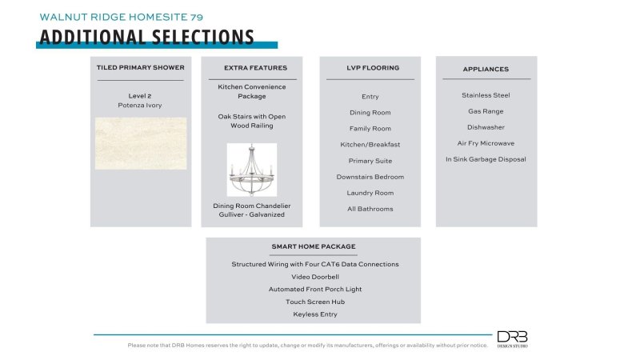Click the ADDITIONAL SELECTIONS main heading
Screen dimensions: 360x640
pos(146,38)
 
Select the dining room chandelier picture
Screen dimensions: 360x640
pos(251,170)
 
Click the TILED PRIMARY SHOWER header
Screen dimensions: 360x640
pos(141,68)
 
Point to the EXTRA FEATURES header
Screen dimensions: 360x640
pos(252,68)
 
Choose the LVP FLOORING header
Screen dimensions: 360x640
pos(370,68)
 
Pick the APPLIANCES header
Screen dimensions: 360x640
pos(486,69)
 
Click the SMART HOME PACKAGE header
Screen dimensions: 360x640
pos(314,246)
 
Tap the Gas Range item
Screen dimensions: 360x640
pos(486,111)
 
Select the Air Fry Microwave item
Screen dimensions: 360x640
pos(486,143)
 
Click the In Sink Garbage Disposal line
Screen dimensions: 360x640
pos(486,159)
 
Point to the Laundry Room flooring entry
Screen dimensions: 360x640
pos(370,193)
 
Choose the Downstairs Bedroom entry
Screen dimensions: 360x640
pos(370,177)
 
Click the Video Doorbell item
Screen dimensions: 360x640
pos(314,277)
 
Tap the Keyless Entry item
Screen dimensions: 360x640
pos(314,314)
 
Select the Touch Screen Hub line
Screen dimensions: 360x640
pos(314,302)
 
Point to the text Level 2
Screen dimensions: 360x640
pos(140,95)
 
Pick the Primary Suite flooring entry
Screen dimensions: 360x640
pos(370,161)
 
